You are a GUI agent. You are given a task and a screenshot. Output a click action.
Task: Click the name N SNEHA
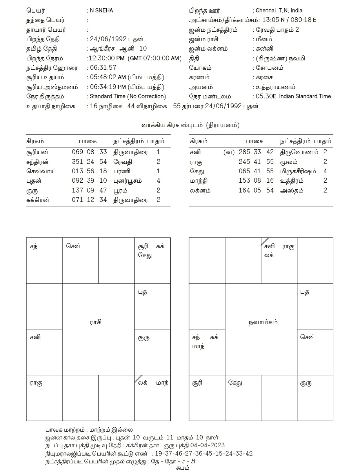click(101, 11)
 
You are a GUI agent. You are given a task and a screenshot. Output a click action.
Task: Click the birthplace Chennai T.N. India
click(278, 11)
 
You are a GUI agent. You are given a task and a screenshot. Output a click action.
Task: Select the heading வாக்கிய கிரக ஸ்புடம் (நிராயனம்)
click(191, 125)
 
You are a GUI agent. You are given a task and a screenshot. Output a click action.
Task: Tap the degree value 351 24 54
click(89, 162)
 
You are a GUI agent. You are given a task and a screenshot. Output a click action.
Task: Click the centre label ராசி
click(96, 322)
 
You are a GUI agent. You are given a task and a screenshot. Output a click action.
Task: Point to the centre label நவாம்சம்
click(263, 322)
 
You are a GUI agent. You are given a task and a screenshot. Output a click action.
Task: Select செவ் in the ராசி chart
click(73, 247)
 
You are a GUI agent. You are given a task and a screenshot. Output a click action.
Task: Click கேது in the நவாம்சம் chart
click(235, 383)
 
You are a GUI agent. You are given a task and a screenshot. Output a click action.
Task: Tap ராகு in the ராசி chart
click(36, 383)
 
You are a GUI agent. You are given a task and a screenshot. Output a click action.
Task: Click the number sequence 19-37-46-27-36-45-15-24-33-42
click(204, 454)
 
